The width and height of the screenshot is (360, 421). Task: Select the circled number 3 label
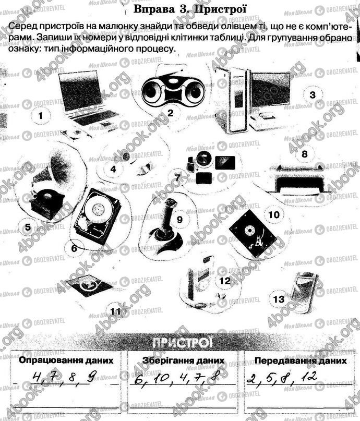[x=313, y=95]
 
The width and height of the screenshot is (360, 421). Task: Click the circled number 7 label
[x=177, y=178]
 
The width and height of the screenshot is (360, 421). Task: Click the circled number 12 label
[x=225, y=281]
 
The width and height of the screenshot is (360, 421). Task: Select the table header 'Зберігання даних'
[x=183, y=360]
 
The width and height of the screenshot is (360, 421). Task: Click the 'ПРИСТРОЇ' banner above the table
[x=181, y=342]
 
